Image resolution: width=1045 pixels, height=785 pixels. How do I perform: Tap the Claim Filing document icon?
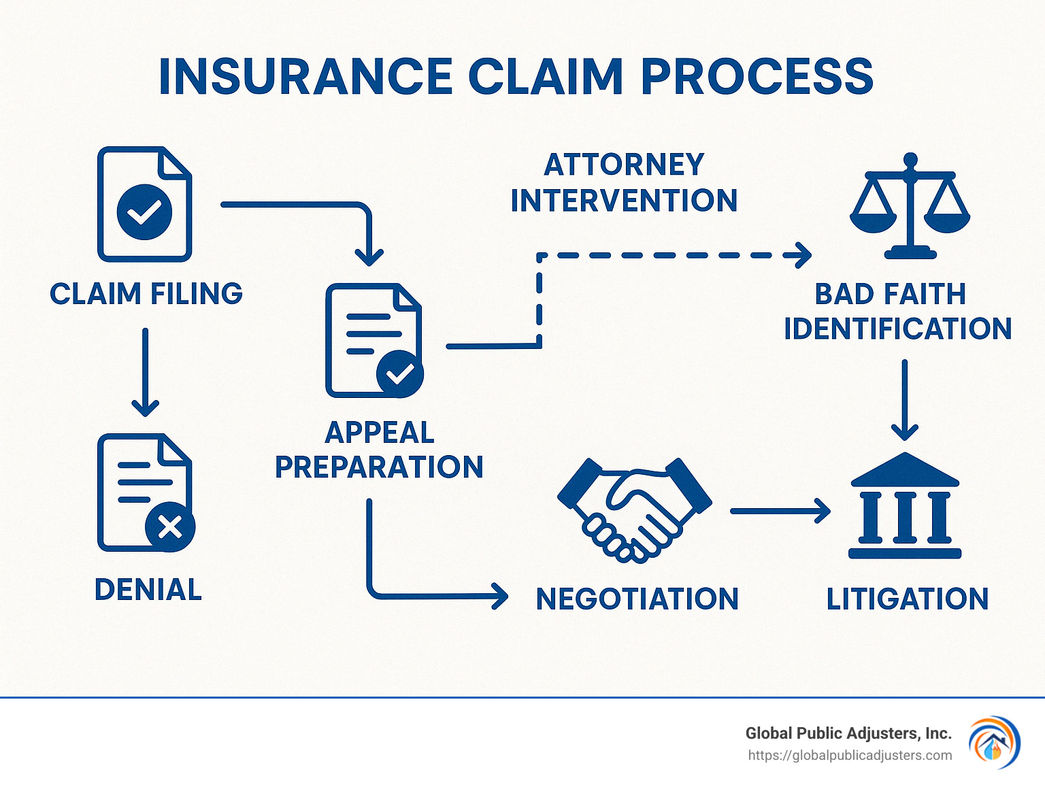tap(144, 204)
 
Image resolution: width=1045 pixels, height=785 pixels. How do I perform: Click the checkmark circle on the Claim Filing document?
tap(144, 212)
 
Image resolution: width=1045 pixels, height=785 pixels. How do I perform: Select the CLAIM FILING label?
tap(146, 294)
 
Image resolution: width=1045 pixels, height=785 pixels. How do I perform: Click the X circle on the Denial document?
tap(170, 527)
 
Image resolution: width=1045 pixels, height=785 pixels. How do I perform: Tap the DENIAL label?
tap(148, 590)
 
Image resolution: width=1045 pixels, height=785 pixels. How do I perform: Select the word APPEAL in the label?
tap(380, 433)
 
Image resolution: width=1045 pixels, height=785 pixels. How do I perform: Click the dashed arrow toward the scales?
tap(674, 256)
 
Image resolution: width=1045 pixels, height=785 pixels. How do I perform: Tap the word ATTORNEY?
tap(624, 165)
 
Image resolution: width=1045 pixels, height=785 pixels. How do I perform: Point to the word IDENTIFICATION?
tap(897, 329)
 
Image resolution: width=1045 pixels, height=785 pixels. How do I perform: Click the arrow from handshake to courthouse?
tap(780, 510)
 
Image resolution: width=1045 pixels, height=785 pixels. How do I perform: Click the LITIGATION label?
tap(907, 599)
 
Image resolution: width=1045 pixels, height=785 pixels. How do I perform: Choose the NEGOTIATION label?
tap(637, 599)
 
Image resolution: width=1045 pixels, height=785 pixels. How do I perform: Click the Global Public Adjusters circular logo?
tap(994, 742)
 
